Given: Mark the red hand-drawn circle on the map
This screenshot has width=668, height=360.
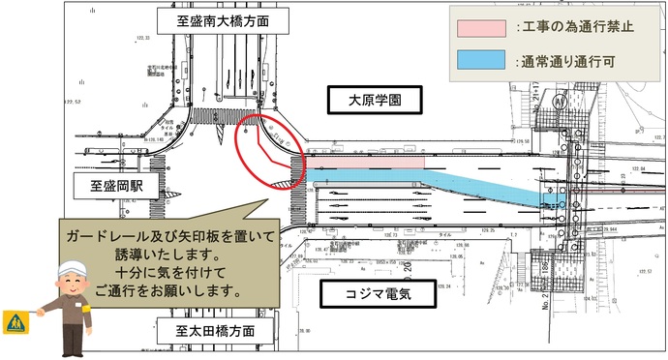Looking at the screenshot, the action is (269, 152).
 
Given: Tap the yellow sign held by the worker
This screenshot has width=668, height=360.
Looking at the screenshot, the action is (15, 319).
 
